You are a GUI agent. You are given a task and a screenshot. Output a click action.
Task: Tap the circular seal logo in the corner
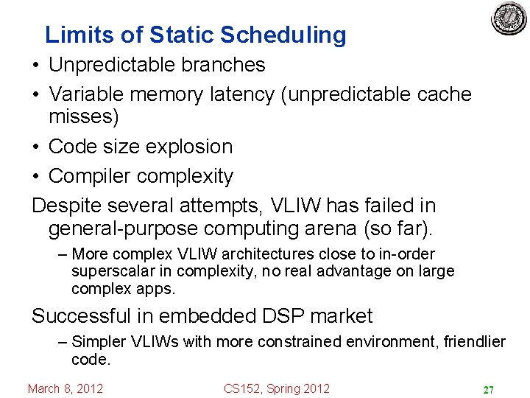click(x=509, y=19)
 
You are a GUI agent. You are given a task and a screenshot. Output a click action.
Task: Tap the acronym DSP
click(x=278, y=316)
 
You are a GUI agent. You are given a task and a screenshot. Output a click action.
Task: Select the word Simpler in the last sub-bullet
click(x=99, y=342)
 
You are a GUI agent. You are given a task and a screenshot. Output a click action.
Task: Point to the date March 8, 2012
click(x=66, y=388)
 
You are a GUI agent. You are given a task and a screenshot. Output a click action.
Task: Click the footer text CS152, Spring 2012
click(x=277, y=388)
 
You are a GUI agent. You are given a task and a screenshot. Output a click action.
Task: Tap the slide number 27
click(x=487, y=389)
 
